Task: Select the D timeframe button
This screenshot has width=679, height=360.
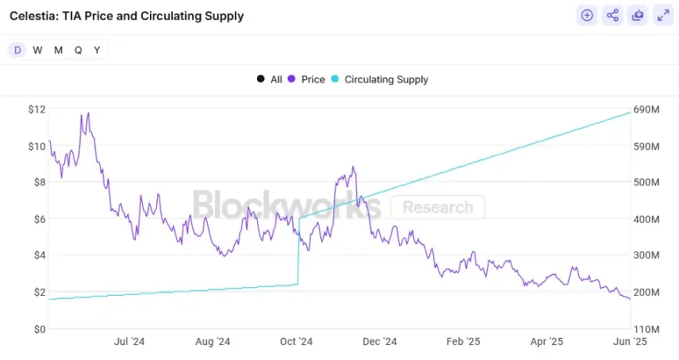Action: point(17,50)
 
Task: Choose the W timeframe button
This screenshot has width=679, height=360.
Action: point(37,50)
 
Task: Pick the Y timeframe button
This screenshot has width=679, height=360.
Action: point(97,50)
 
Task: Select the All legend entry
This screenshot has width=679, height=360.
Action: point(270,79)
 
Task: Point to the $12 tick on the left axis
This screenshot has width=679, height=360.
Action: point(36,109)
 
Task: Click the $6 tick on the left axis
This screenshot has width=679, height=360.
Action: point(39,218)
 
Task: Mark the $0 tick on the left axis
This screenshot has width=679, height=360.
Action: point(39,328)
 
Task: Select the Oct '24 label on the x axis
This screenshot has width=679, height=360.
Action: point(297,342)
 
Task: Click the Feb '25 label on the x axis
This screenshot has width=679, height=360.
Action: point(463,342)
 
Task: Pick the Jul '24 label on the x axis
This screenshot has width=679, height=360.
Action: point(129,342)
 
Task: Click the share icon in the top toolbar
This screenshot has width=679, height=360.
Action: point(612,15)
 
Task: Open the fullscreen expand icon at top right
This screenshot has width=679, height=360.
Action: point(663,15)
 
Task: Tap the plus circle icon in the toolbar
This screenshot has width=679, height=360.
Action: point(587,15)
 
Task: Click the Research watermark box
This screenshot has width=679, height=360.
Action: point(438,208)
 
